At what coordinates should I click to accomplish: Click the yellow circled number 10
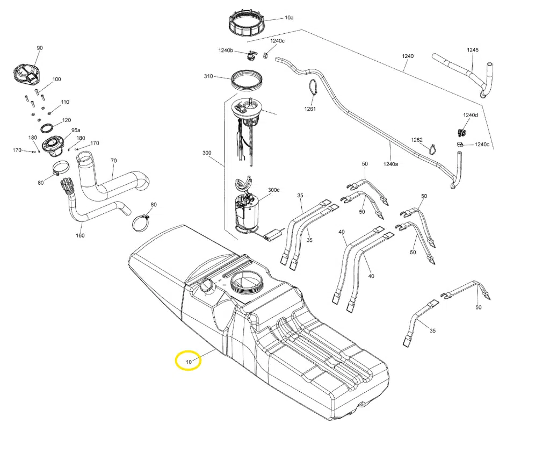189,362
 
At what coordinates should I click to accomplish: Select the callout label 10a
289,18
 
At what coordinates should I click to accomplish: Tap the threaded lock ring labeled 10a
246,23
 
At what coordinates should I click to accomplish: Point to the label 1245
472,50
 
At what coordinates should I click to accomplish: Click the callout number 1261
310,109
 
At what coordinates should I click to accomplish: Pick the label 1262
417,140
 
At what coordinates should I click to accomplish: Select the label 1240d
470,115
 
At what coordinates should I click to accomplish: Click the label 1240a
390,164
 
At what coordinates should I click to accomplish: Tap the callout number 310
208,76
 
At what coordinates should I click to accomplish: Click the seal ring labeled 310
248,81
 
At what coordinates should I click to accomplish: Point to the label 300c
274,190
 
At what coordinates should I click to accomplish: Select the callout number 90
39,48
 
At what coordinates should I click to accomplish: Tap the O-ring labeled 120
47,128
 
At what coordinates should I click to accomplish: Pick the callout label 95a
75,130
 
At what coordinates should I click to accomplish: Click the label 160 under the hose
80,235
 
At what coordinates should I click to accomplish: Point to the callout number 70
113,161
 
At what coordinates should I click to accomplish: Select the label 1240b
226,51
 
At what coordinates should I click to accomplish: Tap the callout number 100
56,80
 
